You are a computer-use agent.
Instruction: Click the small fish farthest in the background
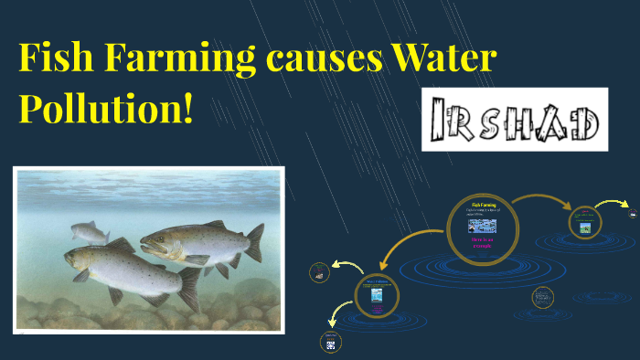[90, 232]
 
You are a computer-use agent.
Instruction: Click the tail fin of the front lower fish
[189, 289]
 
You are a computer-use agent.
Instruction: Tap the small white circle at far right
[632, 214]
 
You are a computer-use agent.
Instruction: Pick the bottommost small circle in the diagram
[328, 341]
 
